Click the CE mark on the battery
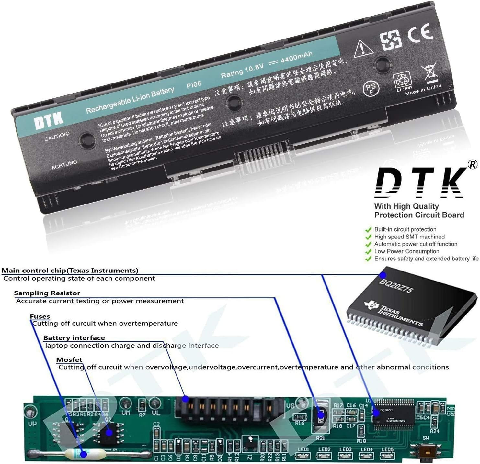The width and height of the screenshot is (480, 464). pyautogui.click(x=420, y=34)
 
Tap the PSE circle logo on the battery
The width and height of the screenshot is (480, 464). pyautogui.click(x=371, y=88)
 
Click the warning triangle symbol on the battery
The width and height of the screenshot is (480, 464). pyautogui.click(x=363, y=49)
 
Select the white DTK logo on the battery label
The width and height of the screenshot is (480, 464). pyautogui.click(x=49, y=121)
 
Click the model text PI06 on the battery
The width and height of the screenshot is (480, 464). pyautogui.click(x=194, y=85)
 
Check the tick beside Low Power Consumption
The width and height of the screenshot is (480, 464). pyautogui.click(x=368, y=252)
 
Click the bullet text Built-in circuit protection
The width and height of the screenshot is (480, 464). pyautogui.click(x=405, y=229)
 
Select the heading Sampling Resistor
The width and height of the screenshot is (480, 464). pyautogui.click(x=47, y=293)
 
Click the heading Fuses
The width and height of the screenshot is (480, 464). pyautogui.click(x=40, y=316)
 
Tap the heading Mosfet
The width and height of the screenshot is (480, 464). pyautogui.click(x=69, y=360)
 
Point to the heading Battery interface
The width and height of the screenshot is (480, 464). pyautogui.click(x=74, y=338)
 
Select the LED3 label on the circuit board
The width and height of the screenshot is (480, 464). pyautogui.click(x=345, y=449)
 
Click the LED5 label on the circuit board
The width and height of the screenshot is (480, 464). pyautogui.click(x=387, y=449)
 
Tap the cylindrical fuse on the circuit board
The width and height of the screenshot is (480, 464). pyautogui.click(x=85, y=454)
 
